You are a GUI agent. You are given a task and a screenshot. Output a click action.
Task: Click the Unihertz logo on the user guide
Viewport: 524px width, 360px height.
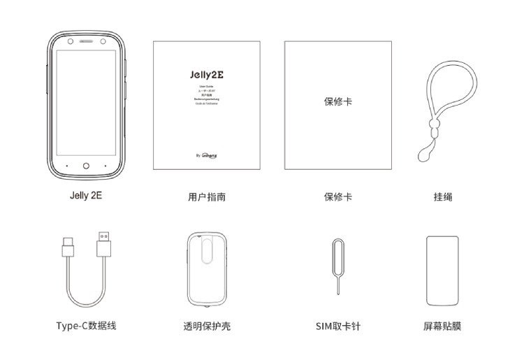[210, 157]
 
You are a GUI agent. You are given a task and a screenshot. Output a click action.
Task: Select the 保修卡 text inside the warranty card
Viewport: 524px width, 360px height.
[337, 101]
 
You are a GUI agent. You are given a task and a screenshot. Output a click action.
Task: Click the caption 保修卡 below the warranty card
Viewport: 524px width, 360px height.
[337, 197]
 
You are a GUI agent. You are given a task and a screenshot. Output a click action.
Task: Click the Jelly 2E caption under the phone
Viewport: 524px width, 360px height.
[86, 196]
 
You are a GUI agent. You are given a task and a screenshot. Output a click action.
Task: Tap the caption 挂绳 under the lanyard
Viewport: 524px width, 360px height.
[443, 197]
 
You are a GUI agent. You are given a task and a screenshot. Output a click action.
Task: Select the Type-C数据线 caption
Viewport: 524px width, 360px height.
[86, 326]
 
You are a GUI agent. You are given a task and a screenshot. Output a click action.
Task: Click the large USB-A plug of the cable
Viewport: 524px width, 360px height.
[103, 245]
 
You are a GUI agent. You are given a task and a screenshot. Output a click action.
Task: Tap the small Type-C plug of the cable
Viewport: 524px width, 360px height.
[68, 247]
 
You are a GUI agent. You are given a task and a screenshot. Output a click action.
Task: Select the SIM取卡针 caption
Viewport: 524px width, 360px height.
[337, 326]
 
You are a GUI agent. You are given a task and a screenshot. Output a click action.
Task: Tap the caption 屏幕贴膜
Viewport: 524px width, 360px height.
[443, 326]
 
